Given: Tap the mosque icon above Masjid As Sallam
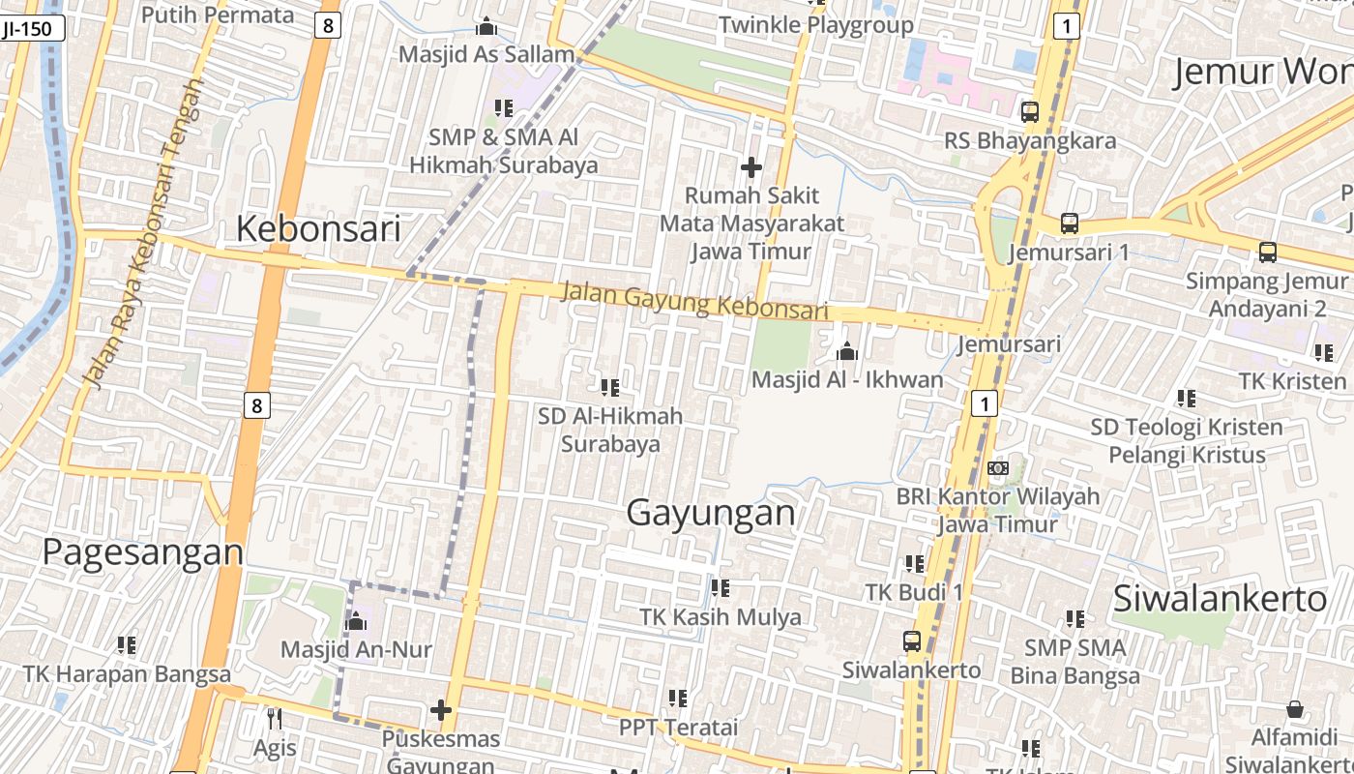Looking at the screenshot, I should click(x=486, y=26).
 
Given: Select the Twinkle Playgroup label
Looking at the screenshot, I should click(x=815, y=25).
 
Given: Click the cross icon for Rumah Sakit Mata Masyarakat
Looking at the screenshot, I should click(x=751, y=167).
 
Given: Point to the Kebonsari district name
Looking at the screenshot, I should click(x=318, y=229).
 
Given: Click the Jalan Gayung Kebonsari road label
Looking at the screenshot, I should click(x=695, y=300).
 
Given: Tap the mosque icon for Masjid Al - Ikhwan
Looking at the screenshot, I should click(x=847, y=350).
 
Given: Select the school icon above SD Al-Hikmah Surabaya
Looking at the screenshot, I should click(x=610, y=388).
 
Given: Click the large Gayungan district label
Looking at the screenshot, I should click(x=711, y=513).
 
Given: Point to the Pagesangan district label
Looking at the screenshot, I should click(x=143, y=551).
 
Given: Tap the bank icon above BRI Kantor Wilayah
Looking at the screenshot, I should click(x=998, y=468).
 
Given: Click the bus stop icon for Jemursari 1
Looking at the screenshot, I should click(x=1069, y=223).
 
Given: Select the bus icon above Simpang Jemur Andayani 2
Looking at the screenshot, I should click(x=1267, y=253).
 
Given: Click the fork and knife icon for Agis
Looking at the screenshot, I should click(x=275, y=718).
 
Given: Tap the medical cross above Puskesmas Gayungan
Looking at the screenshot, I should click(x=441, y=711).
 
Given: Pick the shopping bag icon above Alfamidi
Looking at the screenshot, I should click(x=1295, y=709).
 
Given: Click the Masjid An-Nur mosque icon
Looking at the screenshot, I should click(x=356, y=620).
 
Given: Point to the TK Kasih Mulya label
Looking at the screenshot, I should click(x=721, y=617).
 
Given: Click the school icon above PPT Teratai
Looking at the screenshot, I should click(x=678, y=698).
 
